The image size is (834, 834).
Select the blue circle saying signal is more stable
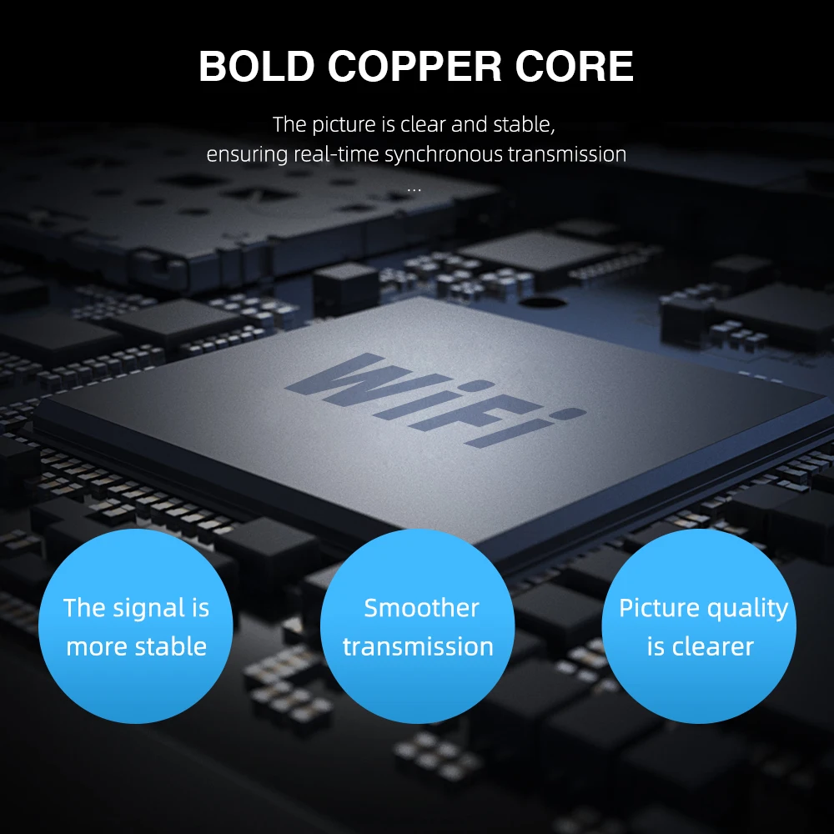pos(136,625)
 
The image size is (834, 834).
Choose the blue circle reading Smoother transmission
pos(418,625)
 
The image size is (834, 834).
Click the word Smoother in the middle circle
pos(421,608)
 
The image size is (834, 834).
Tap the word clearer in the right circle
pos(712,646)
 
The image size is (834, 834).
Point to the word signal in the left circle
pos(148,608)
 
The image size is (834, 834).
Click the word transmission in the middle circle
pos(418,646)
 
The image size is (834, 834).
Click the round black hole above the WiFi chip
pos(543,306)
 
